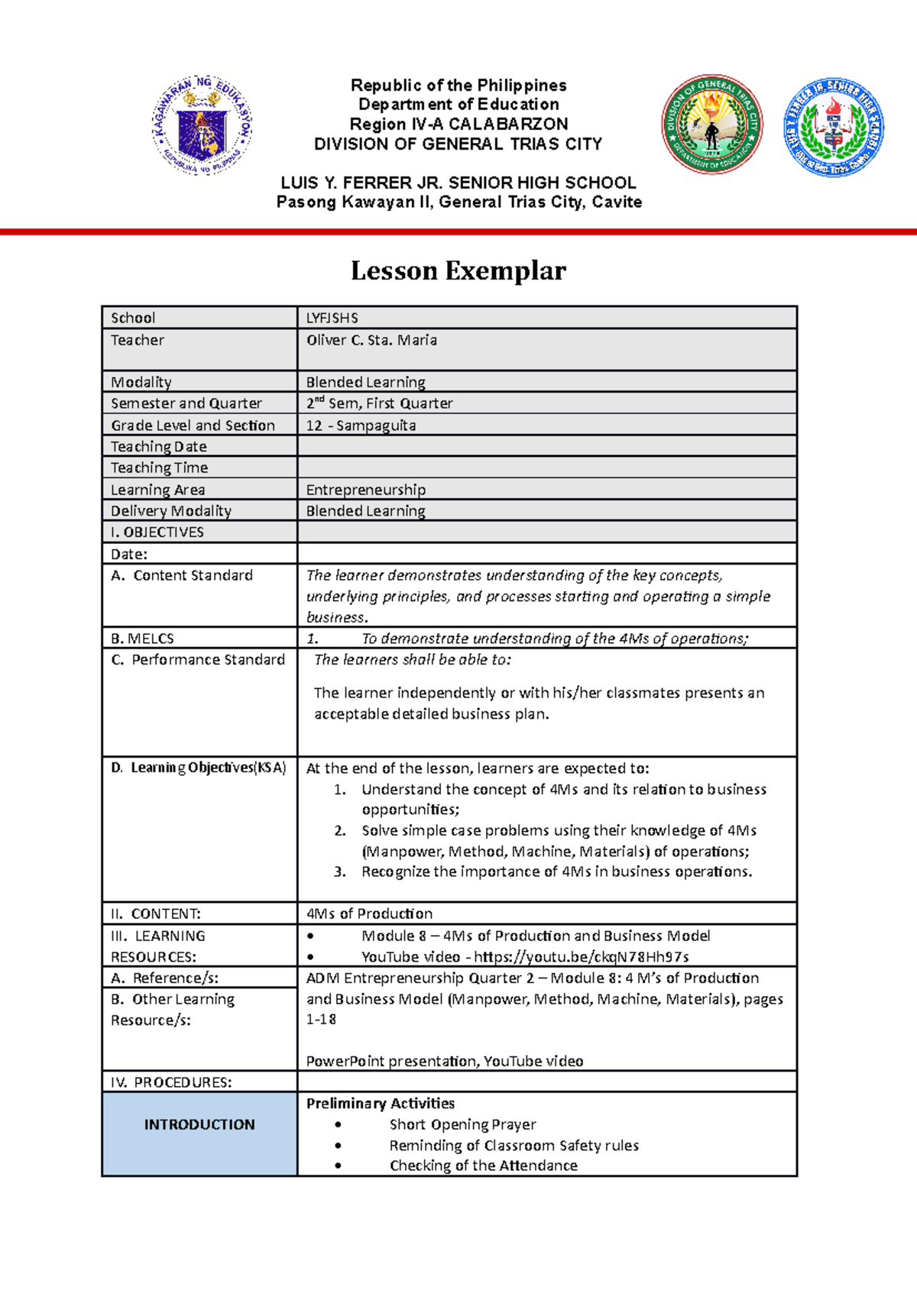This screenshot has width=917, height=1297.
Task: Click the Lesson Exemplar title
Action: pyautogui.click(x=458, y=270)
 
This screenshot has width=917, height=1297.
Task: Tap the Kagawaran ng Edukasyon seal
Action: pyautogui.click(x=201, y=125)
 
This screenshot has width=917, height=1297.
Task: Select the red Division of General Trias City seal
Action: pyautogui.click(x=711, y=125)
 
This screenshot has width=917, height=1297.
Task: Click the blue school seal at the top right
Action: pyautogui.click(x=834, y=127)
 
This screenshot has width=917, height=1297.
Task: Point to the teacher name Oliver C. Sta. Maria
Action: pyautogui.click(x=371, y=341)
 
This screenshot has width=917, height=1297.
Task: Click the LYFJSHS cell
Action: pyautogui.click(x=332, y=318)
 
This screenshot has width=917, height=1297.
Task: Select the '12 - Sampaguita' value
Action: pyautogui.click(x=361, y=425)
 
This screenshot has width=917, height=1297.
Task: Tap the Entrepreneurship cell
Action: pyautogui.click(x=365, y=490)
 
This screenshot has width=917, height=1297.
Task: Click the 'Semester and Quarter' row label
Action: pyautogui.click(x=186, y=403)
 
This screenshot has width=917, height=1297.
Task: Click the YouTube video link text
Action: pyautogui.click(x=581, y=957)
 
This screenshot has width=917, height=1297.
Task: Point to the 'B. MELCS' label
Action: pyautogui.click(x=142, y=639)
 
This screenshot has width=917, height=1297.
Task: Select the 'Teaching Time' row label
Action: pyautogui.click(x=159, y=467)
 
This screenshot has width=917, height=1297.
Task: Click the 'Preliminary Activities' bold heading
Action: pyautogui.click(x=380, y=1103)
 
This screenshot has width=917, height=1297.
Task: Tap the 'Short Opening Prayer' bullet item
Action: pyautogui.click(x=462, y=1124)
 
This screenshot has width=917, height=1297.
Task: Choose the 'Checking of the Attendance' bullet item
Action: pyautogui.click(x=483, y=1166)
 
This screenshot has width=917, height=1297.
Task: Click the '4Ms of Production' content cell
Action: pyautogui.click(x=369, y=914)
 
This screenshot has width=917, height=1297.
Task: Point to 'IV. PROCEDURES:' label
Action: pyautogui.click(x=171, y=1082)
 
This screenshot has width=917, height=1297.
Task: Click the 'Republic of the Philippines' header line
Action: pyautogui.click(x=458, y=85)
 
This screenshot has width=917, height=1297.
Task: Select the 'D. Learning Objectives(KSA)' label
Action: pyautogui.click(x=198, y=768)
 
